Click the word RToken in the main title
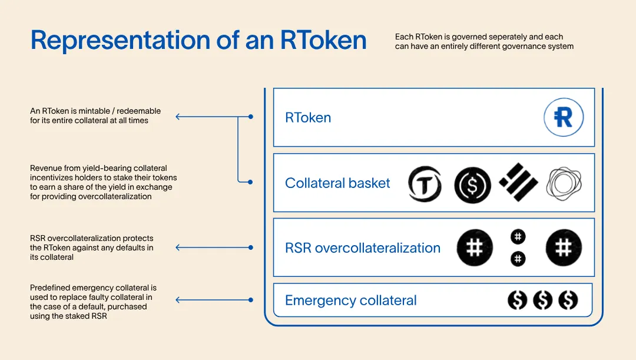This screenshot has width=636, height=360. click(323, 40)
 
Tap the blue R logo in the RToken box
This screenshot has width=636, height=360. click(564, 117)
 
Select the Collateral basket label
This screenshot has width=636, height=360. click(337, 183)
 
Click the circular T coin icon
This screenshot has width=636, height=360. click(425, 184)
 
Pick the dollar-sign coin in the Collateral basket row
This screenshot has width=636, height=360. click(472, 185)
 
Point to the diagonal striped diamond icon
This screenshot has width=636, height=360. click(518, 182)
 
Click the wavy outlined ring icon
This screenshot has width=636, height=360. click(564, 183)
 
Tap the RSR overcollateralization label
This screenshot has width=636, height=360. click(363, 248)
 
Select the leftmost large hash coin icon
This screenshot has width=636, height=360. click(475, 247)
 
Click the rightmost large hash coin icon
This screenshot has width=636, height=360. click(564, 247)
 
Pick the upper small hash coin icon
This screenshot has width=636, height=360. click(518, 237)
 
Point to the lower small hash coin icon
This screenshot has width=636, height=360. click(518, 259)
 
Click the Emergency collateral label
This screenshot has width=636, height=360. click(350, 300)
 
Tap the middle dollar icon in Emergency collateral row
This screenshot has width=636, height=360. click(543, 300)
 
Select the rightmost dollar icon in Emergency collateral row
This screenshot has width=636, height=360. click(568, 300)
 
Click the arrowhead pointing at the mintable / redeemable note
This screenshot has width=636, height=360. click(178, 117)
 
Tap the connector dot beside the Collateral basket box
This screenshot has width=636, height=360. click(250, 182)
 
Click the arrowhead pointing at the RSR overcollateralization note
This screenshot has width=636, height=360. click(178, 247)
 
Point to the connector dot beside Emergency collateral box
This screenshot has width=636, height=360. click(251, 300)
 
